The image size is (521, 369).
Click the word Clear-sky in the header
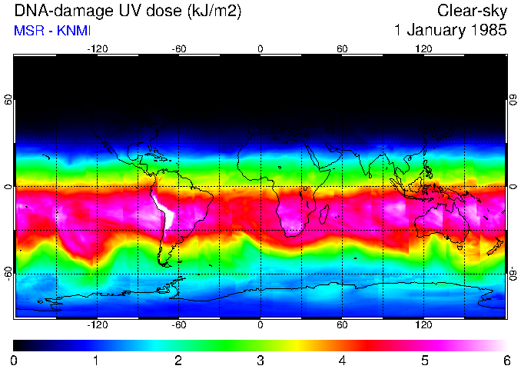[x=472, y=11]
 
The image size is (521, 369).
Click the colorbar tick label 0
[x=15, y=361]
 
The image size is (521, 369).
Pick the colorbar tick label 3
[x=260, y=361]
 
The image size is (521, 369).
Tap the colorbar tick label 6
[x=506, y=361]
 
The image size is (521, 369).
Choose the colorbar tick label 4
[x=342, y=361]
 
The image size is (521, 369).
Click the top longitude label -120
[x=97, y=48]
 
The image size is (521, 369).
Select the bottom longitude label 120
[x=423, y=325]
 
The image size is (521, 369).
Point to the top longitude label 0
[x=260, y=48]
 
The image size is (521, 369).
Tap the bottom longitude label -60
[x=178, y=325]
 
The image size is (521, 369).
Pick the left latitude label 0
[x=8, y=187]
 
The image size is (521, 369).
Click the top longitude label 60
[x=342, y=48]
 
